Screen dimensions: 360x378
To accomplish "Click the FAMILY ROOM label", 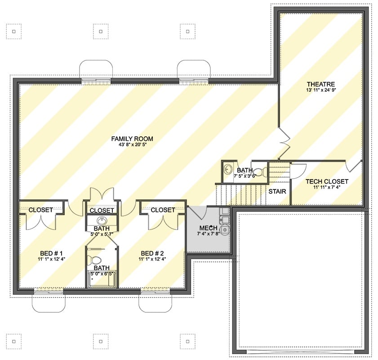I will (x=133, y=139).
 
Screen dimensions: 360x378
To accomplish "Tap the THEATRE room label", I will (x=321, y=84).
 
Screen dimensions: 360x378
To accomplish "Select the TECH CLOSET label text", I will (x=327, y=181).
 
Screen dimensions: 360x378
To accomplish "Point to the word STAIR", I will (x=276, y=191).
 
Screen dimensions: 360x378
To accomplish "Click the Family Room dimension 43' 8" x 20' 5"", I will (x=133, y=145).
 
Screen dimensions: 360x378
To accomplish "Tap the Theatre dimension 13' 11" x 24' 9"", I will (x=321, y=90).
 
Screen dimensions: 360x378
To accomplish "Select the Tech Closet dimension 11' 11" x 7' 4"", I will (x=327, y=188).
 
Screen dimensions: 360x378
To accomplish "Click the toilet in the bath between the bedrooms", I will (x=95, y=260).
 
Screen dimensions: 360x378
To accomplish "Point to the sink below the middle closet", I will (x=102, y=220).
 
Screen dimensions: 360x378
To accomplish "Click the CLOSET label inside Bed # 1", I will (x=41, y=210).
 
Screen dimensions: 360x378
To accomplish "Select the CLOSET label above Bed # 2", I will (x=163, y=210).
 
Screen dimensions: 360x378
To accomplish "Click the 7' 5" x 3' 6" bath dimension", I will (x=245, y=176).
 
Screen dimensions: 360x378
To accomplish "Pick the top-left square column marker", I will (x=14, y=31).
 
